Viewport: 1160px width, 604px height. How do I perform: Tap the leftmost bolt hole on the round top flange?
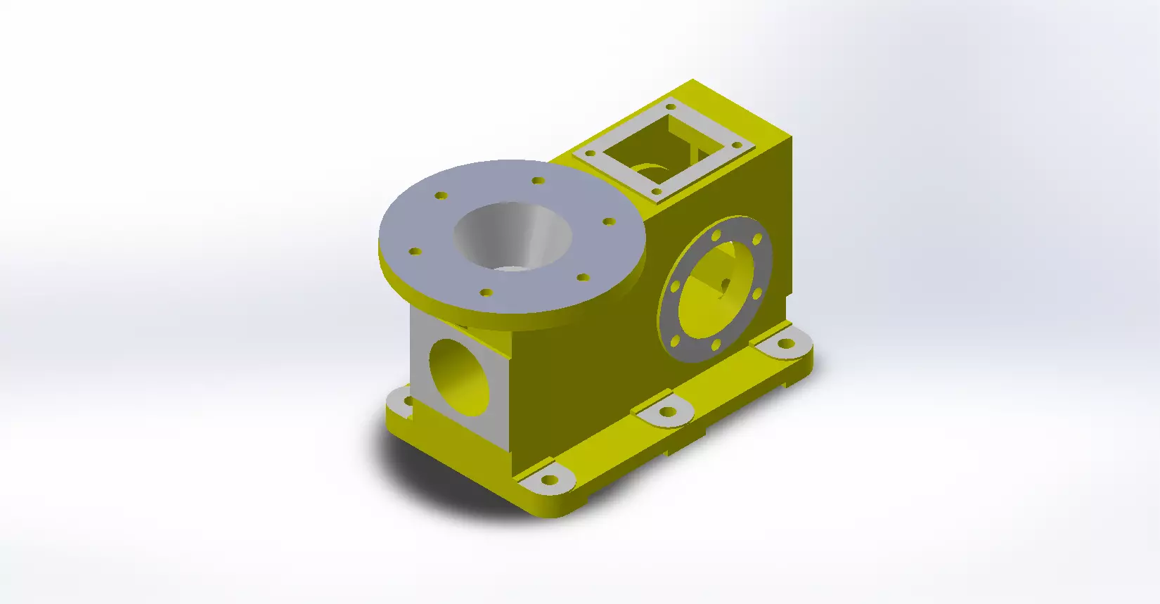pyautogui.click(x=415, y=251)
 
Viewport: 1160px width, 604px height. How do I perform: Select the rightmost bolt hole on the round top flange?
pyautogui.click(x=609, y=221)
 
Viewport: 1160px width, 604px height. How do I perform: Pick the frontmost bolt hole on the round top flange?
pyautogui.click(x=486, y=292)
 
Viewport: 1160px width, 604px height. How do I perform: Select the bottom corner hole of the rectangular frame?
pyautogui.click(x=656, y=191)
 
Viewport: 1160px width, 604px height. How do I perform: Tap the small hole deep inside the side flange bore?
pyautogui.click(x=725, y=283)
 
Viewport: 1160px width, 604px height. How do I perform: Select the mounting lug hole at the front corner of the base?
pyautogui.click(x=549, y=481)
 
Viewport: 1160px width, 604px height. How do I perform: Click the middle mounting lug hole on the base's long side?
pyautogui.click(x=667, y=412)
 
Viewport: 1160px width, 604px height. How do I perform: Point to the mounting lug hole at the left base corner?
pyautogui.click(x=408, y=401)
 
